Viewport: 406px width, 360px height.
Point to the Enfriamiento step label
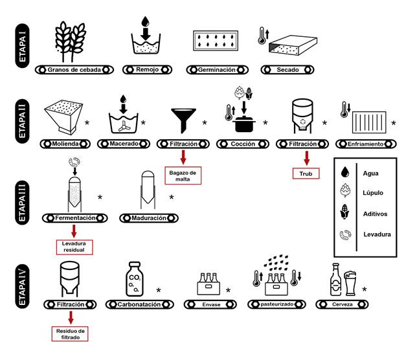pyautogui.click(x=368, y=142)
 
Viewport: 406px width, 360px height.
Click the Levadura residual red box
pyautogui.click(x=74, y=247)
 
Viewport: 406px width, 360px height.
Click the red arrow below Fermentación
pyautogui.click(x=74, y=231)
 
